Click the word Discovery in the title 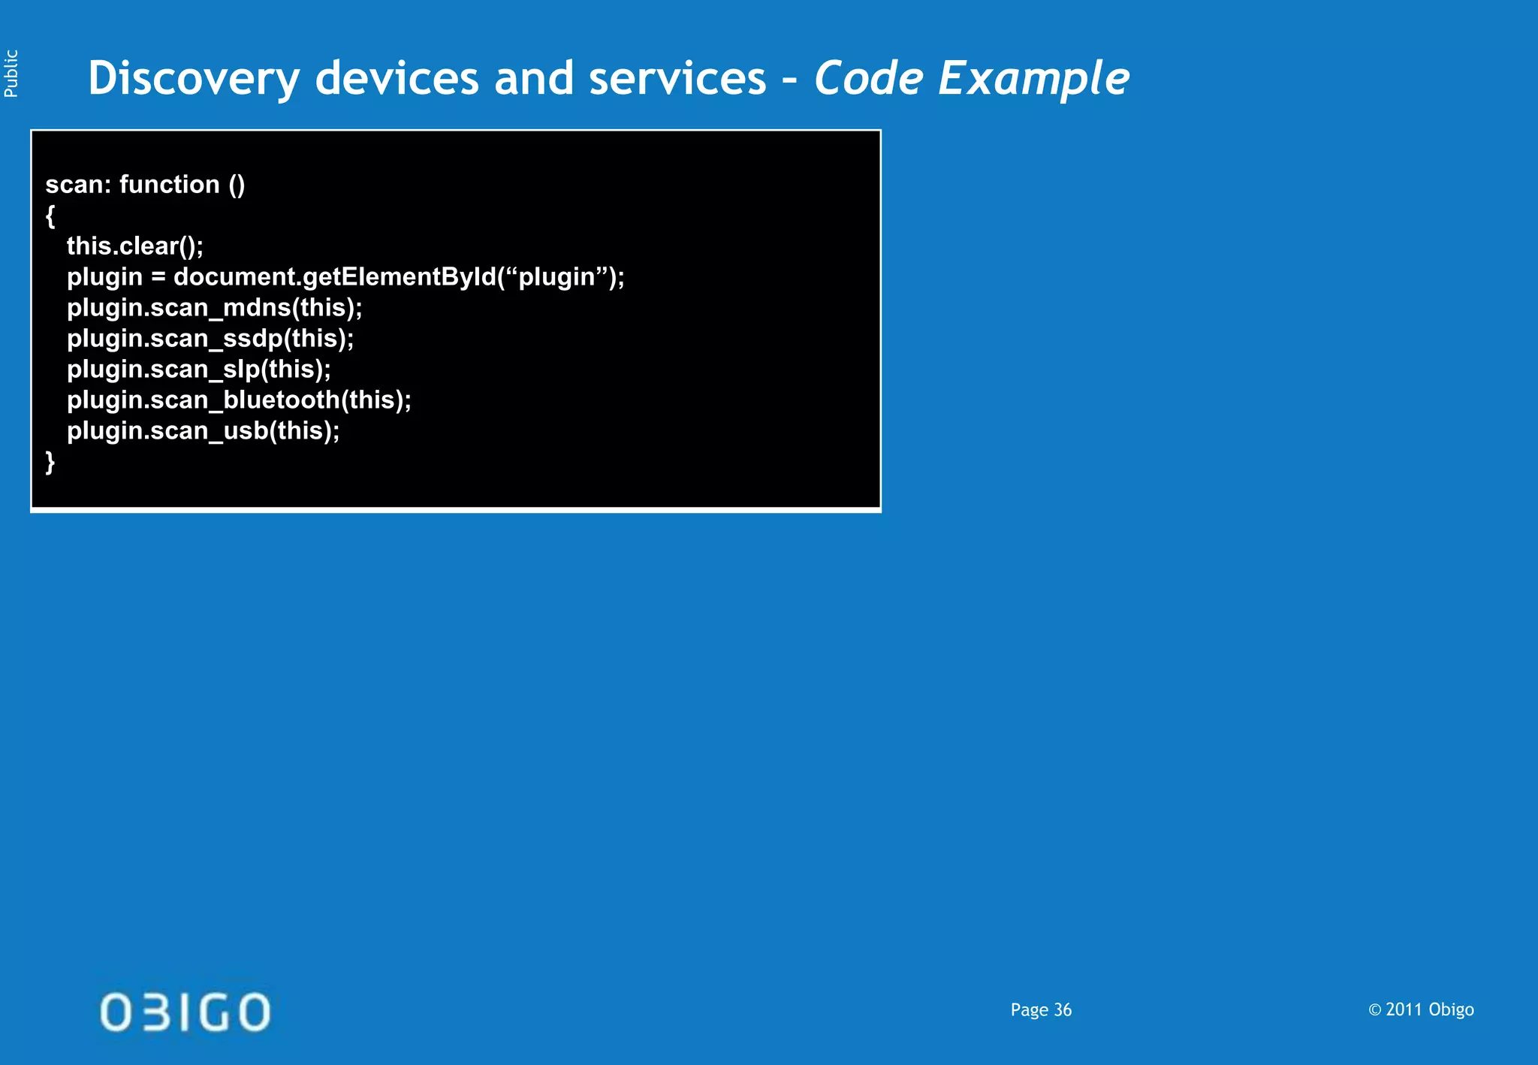coord(193,79)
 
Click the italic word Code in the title coord(868,79)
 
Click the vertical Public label coord(11,74)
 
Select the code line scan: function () coord(145,185)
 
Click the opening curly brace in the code coord(50,216)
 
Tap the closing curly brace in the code coord(50,461)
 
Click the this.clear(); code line coord(135,246)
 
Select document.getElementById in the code coord(334,277)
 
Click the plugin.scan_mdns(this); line coord(215,308)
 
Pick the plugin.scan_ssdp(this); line coord(210,339)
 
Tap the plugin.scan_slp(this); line coord(199,370)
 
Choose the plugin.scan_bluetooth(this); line coord(239,400)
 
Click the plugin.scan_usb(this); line coord(203,431)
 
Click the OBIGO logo coord(185,1012)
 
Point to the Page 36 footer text coord(1041,1010)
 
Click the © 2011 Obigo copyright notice coord(1421,1009)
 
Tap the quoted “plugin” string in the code coord(556,277)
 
